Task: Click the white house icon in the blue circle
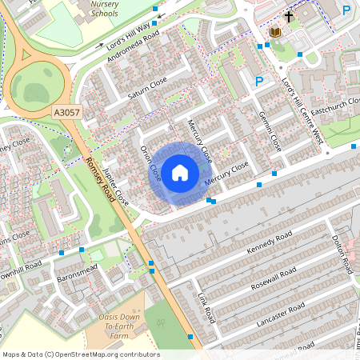click(x=180, y=172)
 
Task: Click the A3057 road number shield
click(x=66, y=114)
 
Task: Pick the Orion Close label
click(x=150, y=163)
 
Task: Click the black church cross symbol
click(x=290, y=15)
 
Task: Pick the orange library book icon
click(x=275, y=32)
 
